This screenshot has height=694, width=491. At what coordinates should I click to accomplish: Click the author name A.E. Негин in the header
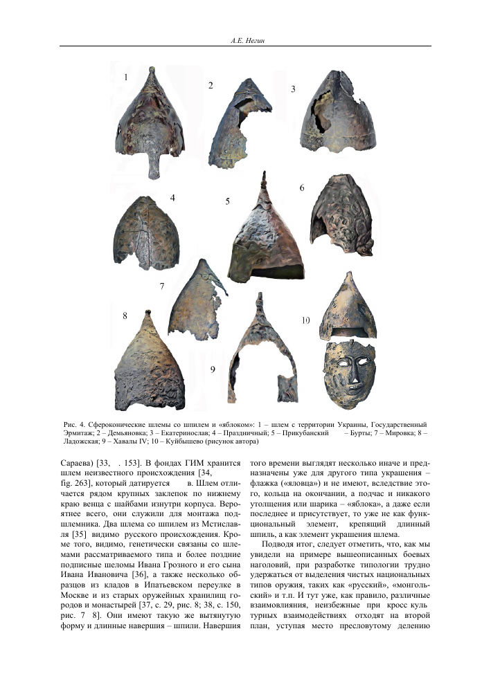[x=245, y=42]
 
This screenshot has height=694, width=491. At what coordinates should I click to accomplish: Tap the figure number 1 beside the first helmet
[x=125, y=77]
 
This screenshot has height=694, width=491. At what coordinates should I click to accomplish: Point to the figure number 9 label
[x=213, y=369]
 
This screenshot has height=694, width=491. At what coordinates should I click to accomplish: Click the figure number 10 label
[x=305, y=320]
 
